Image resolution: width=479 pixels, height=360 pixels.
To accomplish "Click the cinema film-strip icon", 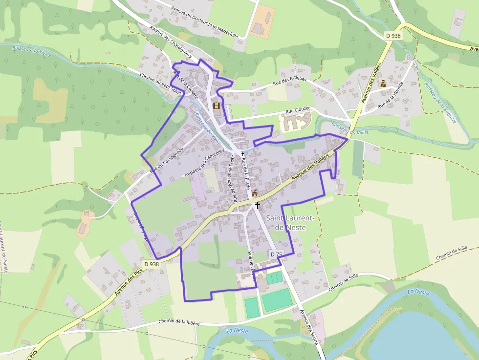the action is click(x=217, y=106).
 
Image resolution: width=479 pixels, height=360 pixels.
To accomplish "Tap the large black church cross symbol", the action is click(x=257, y=206).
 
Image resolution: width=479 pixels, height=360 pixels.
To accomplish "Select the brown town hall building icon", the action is click(x=255, y=193).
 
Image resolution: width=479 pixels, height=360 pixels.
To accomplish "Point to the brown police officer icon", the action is click(x=384, y=83).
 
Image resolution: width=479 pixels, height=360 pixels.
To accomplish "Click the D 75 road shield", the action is click(x=276, y=254).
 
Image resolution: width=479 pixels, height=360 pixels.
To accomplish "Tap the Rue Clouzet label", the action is click(x=298, y=111).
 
